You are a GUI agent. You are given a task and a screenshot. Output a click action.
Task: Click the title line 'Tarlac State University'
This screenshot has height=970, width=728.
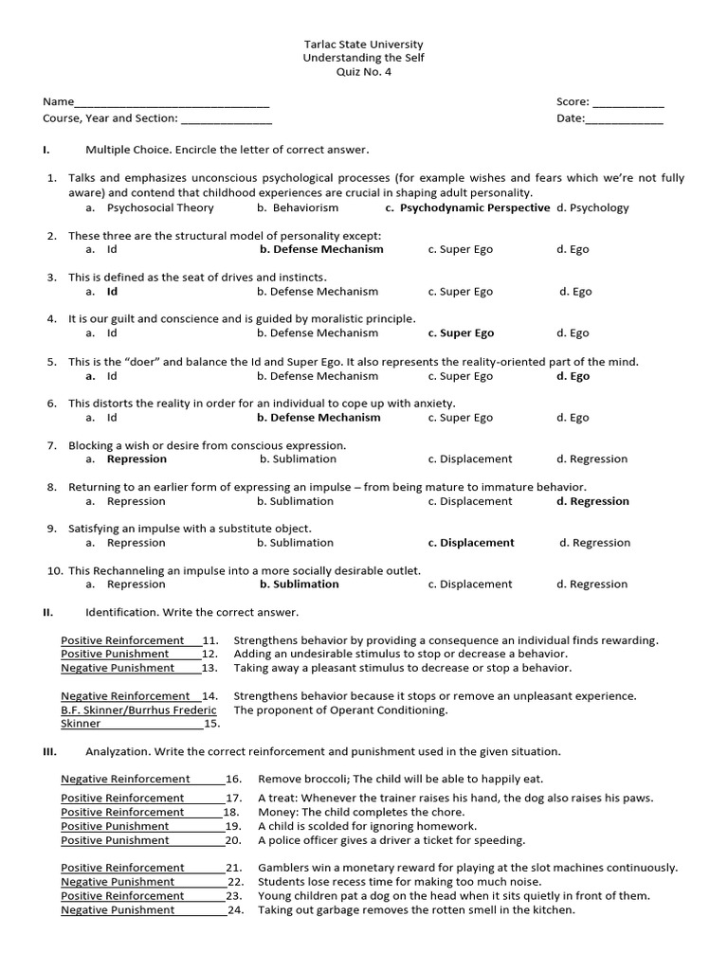pos(363,45)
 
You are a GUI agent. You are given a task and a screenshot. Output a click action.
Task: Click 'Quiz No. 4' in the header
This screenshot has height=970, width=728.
pos(363,72)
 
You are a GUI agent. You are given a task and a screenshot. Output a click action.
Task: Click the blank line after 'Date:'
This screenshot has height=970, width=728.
pos(625,119)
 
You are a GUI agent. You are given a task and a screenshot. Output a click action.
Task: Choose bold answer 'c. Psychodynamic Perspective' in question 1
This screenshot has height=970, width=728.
pos(467,207)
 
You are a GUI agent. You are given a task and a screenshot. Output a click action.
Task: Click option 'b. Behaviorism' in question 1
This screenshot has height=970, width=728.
pos(298,207)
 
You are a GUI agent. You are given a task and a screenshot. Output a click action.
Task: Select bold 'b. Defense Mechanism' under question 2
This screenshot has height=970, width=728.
pos(321,249)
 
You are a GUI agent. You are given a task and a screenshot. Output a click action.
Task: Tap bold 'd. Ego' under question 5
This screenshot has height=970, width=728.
pos(573,376)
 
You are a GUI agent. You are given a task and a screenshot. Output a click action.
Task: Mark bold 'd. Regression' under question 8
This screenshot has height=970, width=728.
pos(592,501)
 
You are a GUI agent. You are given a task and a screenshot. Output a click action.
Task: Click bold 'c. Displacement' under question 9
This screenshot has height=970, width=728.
pos(471,543)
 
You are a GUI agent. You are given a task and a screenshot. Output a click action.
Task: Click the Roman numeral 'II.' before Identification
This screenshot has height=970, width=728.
pos(47,613)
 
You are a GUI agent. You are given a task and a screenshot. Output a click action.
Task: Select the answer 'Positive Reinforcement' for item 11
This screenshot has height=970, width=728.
pos(122,640)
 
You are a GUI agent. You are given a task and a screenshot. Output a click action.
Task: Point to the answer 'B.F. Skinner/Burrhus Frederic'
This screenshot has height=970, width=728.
pos(138,710)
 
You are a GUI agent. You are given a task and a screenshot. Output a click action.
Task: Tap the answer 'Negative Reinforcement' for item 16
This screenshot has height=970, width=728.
pos(125,779)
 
